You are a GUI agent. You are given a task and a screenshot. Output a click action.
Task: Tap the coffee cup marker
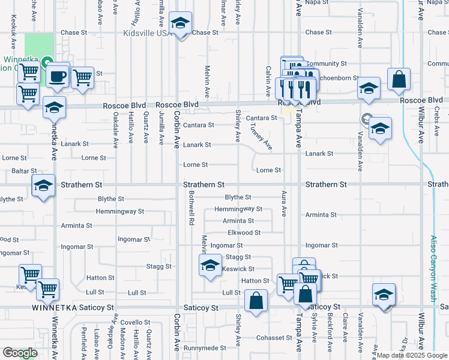pyautogui.click(x=58, y=76)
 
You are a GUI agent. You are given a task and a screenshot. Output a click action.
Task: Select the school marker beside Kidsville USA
pyautogui.click(x=179, y=25)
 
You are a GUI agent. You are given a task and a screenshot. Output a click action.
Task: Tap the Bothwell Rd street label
pyautogui.click(x=191, y=208)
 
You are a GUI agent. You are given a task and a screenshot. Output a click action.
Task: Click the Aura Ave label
pyautogui.click(x=283, y=204)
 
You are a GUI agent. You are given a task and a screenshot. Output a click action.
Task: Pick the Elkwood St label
pyautogui.click(x=244, y=233)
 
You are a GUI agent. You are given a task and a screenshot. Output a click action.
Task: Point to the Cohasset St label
pyautogui.click(x=274, y=338)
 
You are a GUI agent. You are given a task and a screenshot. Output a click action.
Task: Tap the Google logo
pyautogui.click(x=20, y=353)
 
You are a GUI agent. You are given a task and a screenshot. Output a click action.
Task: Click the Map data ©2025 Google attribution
pyautogui.click(x=411, y=355)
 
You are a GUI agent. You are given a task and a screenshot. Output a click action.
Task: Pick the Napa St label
pyautogui.click(x=317, y=2)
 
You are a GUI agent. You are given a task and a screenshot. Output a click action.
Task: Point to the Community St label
pyautogui.click(x=327, y=64)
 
